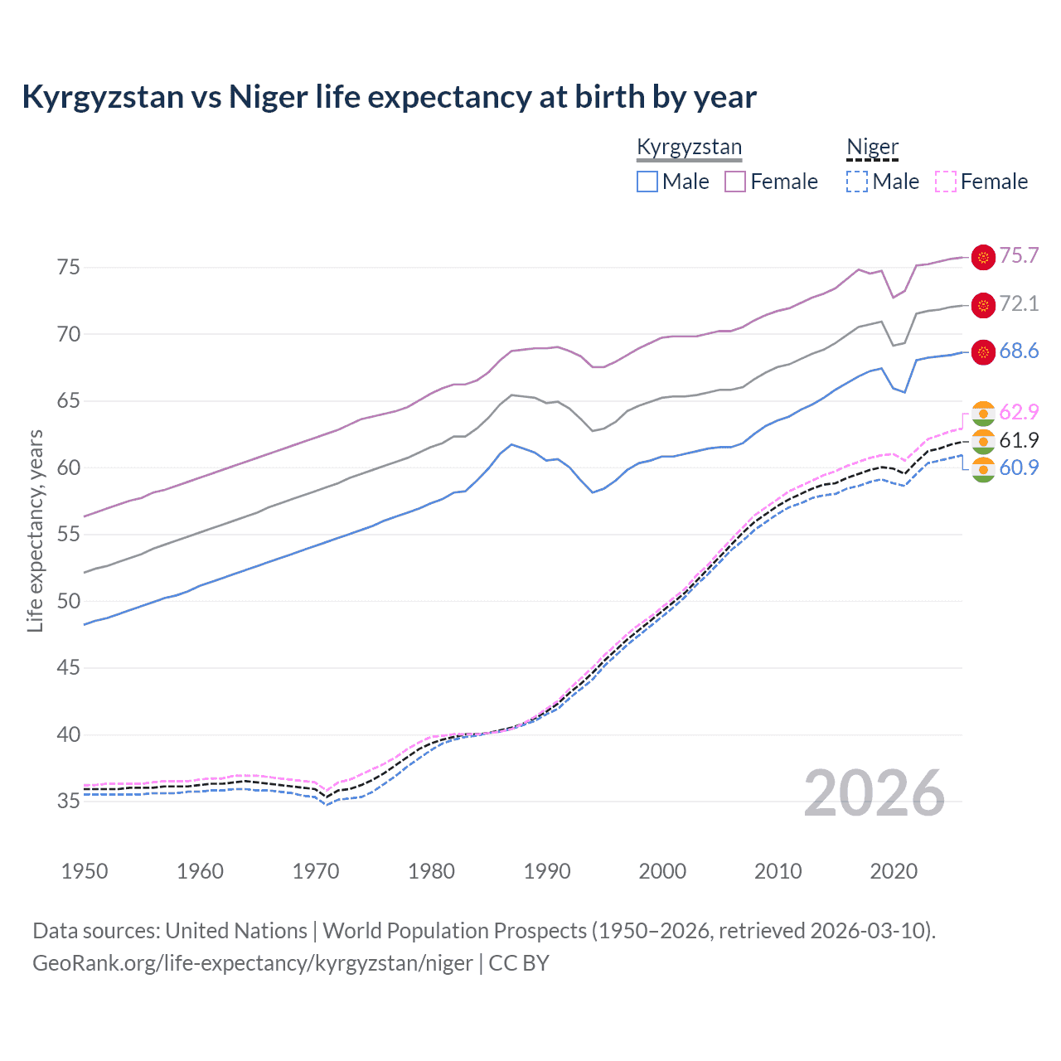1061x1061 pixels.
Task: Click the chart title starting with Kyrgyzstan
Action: [x=389, y=97]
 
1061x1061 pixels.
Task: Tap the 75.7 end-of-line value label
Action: [x=1019, y=256]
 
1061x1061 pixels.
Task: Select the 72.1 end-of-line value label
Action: [x=1019, y=304]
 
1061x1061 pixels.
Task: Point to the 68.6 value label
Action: [x=1019, y=351]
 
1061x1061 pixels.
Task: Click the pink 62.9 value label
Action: [x=1019, y=413]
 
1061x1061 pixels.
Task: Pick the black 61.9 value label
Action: [x=1019, y=440]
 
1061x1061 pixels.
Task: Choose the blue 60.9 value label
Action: [x=1019, y=468]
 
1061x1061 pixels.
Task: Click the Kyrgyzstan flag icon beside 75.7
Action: [x=983, y=257]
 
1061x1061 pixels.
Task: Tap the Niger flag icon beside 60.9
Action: [x=983, y=469]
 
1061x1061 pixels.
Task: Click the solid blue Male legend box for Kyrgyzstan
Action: [x=647, y=182]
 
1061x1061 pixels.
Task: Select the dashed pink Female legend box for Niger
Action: [x=946, y=182]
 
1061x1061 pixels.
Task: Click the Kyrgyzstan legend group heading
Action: [x=689, y=148]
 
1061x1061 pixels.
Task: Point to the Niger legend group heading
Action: [x=872, y=148]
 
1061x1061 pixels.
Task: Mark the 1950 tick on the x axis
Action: [x=85, y=871]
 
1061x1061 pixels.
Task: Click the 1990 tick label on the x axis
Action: [x=547, y=871]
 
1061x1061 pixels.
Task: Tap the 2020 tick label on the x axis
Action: [x=894, y=871]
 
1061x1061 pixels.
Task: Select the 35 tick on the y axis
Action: [x=69, y=802]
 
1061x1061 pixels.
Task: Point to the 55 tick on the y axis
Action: [x=69, y=535]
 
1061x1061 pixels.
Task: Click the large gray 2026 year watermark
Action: [x=874, y=793]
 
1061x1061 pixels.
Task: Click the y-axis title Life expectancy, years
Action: [x=36, y=530]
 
